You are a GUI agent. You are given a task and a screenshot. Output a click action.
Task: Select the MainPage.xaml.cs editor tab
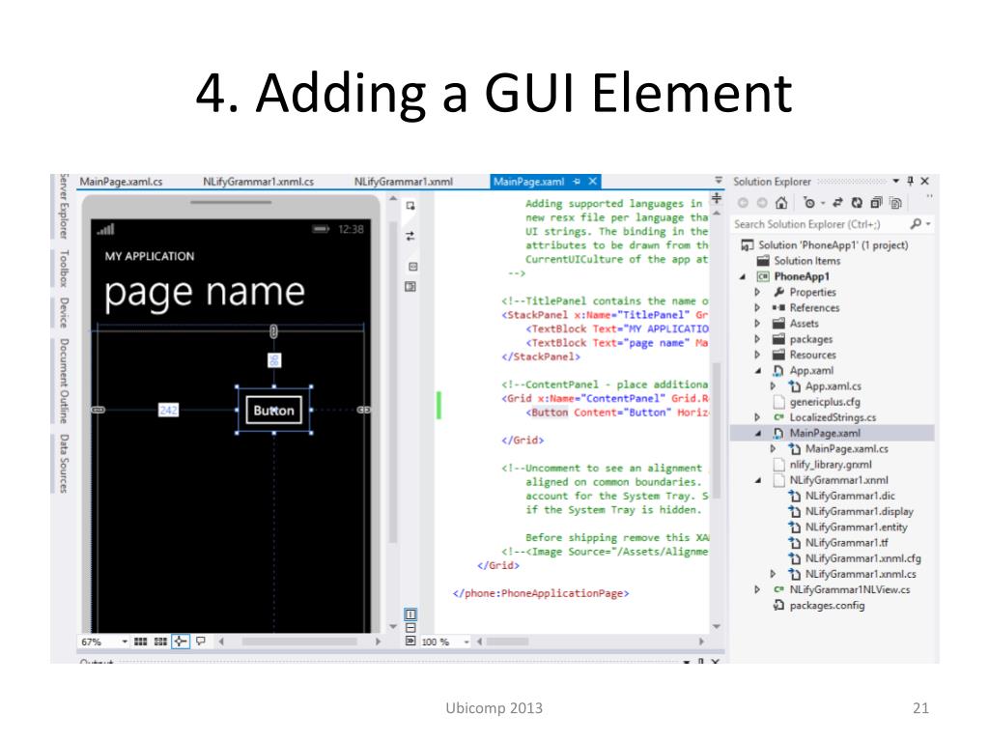[x=121, y=181]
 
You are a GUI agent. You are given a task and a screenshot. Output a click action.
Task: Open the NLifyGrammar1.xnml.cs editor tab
[x=258, y=181]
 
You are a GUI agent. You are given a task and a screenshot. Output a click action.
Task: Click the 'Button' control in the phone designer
[x=273, y=411]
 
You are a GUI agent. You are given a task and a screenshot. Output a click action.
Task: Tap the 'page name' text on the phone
[x=205, y=292]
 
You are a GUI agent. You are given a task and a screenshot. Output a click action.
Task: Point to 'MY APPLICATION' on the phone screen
[x=150, y=257]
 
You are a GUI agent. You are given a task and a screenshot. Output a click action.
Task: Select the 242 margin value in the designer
[x=169, y=411]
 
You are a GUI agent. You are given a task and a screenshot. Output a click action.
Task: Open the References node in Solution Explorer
[x=814, y=308]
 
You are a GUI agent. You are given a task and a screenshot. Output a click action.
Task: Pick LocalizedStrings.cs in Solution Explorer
[x=833, y=417]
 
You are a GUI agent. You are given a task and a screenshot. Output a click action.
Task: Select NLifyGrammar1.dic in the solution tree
[x=850, y=496]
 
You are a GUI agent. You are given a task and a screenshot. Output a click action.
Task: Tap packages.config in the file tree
[x=828, y=606]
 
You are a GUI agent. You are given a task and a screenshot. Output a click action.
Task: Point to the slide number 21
[x=919, y=709]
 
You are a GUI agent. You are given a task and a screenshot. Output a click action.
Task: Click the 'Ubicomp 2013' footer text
[x=494, y=709]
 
